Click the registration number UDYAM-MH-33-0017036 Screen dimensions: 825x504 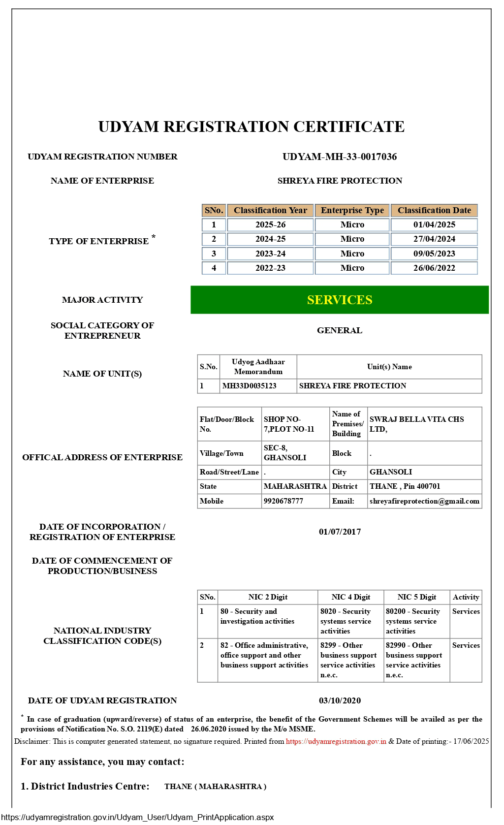coord(340,157)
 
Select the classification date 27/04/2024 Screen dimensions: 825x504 coord(434,239)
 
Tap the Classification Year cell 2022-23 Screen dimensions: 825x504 coord(270,268)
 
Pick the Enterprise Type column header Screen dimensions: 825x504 coord(352,211)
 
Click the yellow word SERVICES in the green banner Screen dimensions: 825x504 coord(340,300)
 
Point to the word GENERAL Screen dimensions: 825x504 coord(340,330)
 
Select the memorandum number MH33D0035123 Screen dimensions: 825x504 coord(250,386)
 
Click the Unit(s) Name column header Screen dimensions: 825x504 coord(389,367)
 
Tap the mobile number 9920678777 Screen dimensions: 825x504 coord(283,501)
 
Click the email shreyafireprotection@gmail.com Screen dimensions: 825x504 coord(424,501)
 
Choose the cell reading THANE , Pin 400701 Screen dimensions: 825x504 coord(405,486)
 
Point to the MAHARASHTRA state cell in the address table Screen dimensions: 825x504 coord(295,486)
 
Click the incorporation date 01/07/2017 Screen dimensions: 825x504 coord(340,532)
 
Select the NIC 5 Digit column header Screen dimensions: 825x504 coord(417,597)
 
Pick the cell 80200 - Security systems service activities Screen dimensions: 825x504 coord(413,621)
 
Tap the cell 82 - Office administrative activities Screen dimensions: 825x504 coord(264,655)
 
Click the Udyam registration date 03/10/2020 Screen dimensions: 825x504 coord(340,700)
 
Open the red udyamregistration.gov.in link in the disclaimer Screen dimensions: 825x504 coord(336,741)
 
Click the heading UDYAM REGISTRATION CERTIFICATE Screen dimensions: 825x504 coord(252,127)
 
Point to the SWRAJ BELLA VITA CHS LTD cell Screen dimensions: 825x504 coord(417,424)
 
